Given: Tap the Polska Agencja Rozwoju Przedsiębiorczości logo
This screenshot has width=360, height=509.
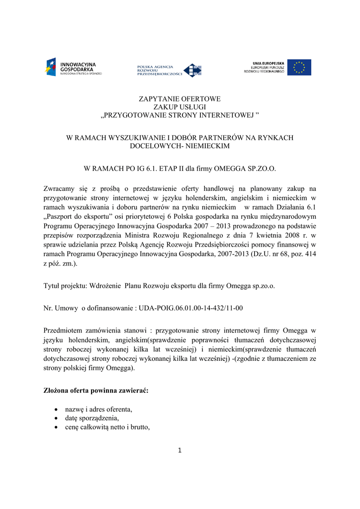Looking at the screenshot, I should click(169, 70).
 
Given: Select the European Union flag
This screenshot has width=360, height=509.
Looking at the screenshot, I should click(299, 67).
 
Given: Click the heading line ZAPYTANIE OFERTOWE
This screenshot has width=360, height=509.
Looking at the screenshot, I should click(180, 99).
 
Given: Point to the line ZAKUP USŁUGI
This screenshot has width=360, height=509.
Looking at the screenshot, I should click(180, 107).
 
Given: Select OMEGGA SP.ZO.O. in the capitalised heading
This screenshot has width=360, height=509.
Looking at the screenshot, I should click(244, 169).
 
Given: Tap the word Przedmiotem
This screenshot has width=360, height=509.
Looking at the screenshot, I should click(64, 331).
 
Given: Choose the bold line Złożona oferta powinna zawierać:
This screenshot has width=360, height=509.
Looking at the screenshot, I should click(96, 391).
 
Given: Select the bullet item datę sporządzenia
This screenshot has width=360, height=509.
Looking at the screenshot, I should click(88, 418).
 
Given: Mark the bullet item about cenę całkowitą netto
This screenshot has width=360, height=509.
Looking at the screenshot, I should click(104, 427).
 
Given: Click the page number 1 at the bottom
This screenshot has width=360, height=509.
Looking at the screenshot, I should click(180, 450).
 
